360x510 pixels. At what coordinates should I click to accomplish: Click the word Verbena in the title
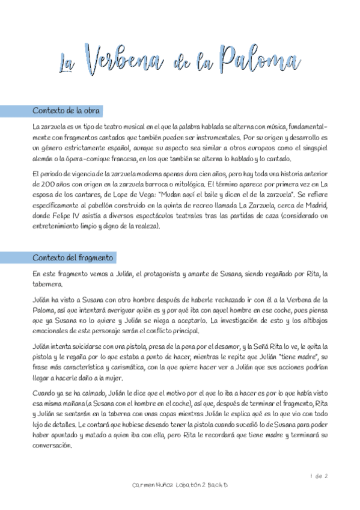[123, 60]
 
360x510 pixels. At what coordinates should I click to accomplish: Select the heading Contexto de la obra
[66, 111]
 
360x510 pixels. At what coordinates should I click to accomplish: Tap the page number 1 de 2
[319, 477]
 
